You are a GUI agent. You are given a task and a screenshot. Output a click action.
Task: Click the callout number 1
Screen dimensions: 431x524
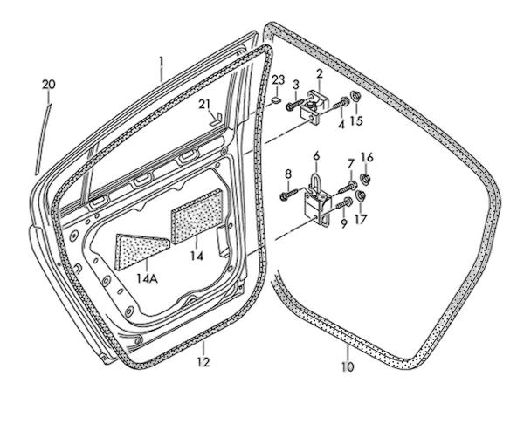162,63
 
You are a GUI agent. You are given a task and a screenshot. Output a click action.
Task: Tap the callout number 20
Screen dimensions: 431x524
48,84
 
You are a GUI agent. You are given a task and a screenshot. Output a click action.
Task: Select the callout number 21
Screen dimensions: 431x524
204,106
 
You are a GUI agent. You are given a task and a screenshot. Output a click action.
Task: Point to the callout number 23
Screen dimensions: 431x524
278,80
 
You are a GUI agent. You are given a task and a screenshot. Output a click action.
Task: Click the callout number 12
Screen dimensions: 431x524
203,361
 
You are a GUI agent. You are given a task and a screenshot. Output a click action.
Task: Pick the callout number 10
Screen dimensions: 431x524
348,368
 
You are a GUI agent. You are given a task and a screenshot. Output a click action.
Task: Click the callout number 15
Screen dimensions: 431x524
355,120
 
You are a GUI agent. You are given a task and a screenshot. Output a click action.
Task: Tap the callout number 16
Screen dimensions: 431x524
367,157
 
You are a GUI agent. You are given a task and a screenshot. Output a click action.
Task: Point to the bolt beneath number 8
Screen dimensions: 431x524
287,196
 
